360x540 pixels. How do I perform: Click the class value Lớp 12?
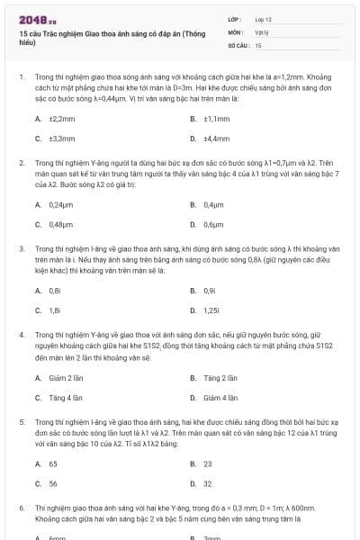[263, 18]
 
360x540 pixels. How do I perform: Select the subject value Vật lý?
[260, 31]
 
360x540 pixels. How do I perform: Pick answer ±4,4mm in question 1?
[217, 139]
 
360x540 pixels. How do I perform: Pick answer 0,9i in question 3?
[209, 291]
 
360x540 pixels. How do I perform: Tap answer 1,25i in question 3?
[211, 310]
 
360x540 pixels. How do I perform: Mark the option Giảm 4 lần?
[220, 397]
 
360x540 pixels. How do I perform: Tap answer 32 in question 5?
[208, 483]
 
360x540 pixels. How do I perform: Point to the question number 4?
[21, 334]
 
